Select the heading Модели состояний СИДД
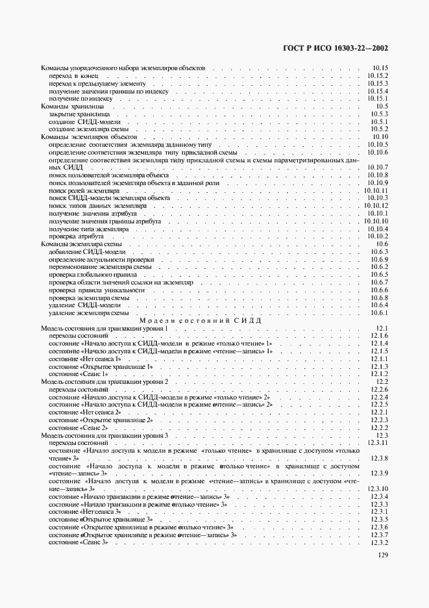[201, 321]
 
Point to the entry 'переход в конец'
[73, 76]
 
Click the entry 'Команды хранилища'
[72, 106]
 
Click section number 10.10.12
[376, 206]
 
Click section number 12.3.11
[376, 443]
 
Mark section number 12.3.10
[376, 488]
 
